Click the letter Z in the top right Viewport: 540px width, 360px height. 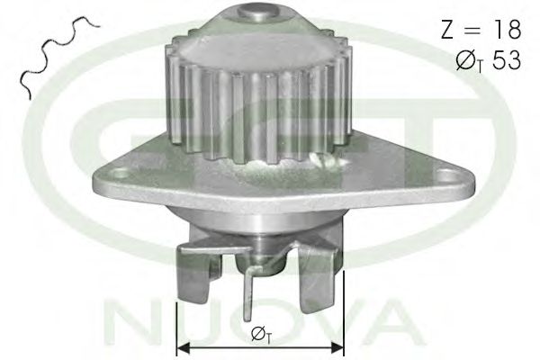(x=448, y=30)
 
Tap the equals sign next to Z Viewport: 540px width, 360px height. (x=474, y=30)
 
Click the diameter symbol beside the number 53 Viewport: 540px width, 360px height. (x=465, y=61)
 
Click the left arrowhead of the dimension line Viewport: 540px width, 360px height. (x=183, y=348)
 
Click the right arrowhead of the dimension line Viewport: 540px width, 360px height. (x=337, y=348)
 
